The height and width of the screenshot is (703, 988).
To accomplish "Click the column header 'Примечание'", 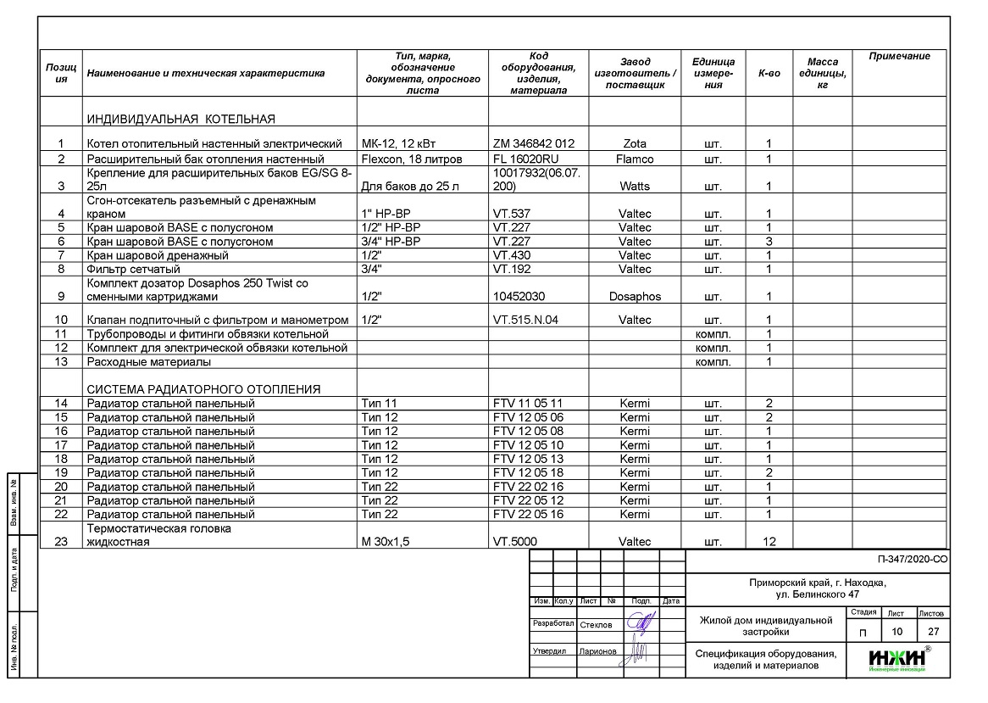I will [899, 56].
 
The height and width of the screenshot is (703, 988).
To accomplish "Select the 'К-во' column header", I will [769, 73].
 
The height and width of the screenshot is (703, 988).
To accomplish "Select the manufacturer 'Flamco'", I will [635, 159].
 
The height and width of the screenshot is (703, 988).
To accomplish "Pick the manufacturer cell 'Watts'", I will [635, 186].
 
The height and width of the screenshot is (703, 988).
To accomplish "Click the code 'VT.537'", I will [512, 214].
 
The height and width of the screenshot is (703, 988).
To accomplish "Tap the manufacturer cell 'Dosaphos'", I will [635, 297].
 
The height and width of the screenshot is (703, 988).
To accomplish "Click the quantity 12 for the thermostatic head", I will [769, 542].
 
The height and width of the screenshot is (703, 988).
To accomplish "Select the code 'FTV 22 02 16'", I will [528, 487].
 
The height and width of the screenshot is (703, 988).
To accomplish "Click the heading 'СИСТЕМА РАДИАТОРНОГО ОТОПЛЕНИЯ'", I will [203, 389].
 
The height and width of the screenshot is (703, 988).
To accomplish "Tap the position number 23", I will [61, 542].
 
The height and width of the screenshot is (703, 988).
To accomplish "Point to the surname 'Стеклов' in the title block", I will [596, 625].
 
